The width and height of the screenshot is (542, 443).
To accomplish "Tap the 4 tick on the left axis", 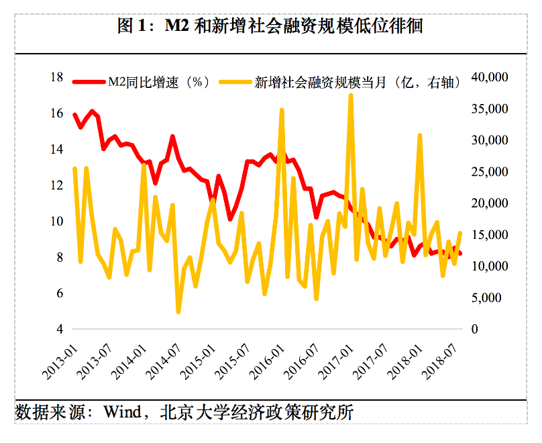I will pyautogui.click(x=60, y=329).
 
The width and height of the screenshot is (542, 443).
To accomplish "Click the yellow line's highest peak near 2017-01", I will pyautogui.click(x=351, y=96).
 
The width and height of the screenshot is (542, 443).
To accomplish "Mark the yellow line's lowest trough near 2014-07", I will pyautogui.click(x=178, y=311).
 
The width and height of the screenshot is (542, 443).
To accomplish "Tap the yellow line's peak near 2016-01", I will pyautogui.click(x=282, y=110).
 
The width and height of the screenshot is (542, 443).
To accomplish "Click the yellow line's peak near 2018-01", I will pyautogui.click(x=420, y=136).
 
